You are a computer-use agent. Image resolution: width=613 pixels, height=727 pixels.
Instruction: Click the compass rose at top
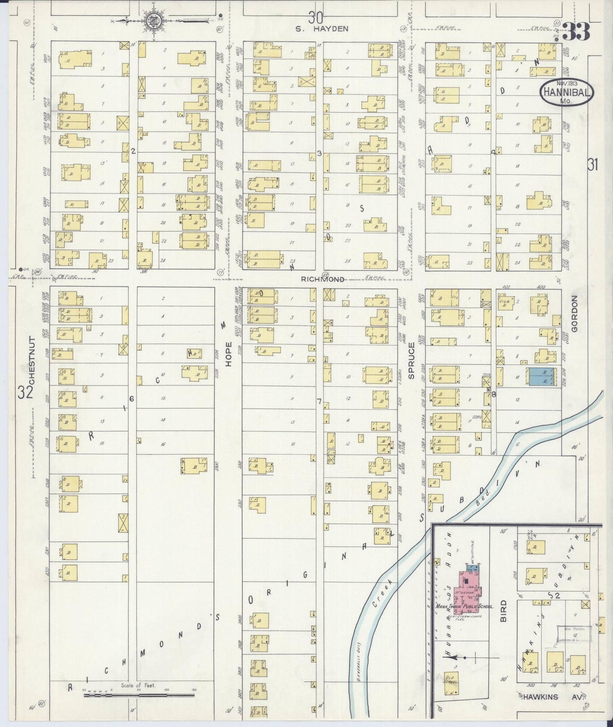point(152,20)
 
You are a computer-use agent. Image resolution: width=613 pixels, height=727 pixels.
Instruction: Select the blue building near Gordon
point(540,377)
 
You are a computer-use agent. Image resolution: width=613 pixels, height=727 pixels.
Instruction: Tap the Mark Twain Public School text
point(465,607)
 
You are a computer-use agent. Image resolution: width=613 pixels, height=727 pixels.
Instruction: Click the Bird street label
point(504,613)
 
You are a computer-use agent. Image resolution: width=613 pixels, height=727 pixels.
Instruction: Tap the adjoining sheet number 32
point(25,392)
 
